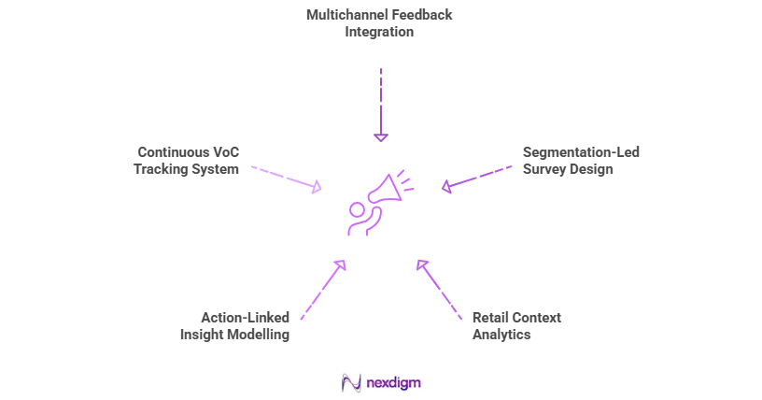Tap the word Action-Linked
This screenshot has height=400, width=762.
click(245, 317)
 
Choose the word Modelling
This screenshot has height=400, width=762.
click(258, 334)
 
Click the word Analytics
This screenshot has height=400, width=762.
click(501, 334)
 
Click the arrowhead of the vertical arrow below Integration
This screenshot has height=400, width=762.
click(380, 136)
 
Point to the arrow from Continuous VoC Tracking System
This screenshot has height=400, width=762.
click(285, 179)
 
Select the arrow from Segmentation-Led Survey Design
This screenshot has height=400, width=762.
click(476, 178)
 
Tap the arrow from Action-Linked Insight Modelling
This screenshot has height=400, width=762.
click(323, 290)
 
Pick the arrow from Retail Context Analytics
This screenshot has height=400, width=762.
click(439, 290)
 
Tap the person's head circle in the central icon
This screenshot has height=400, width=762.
click(357, 208)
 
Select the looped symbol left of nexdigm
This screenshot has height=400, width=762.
click(351, 382)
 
